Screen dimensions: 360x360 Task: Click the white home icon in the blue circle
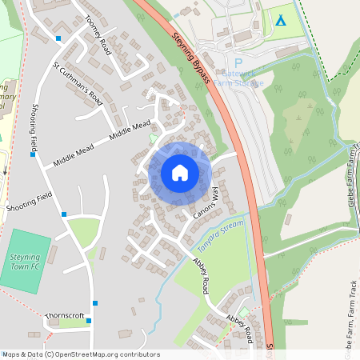(180, 172)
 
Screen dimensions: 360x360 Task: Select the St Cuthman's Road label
(78, 82)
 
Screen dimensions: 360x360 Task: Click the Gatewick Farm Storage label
(238, 78)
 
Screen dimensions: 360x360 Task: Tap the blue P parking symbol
(238, 63)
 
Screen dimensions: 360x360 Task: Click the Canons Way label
(206, 205)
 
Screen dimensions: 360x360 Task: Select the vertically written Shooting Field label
(34, 128)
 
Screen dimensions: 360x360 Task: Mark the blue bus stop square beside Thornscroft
(88, 321)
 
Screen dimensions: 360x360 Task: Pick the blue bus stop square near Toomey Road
(58, 38)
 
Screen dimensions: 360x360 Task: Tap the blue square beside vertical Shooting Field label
(32, 154)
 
